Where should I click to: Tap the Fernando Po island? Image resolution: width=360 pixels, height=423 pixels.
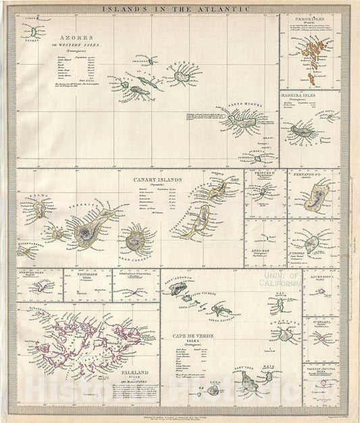[314, 200]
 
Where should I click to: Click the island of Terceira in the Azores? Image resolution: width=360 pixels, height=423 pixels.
[182, 76]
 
